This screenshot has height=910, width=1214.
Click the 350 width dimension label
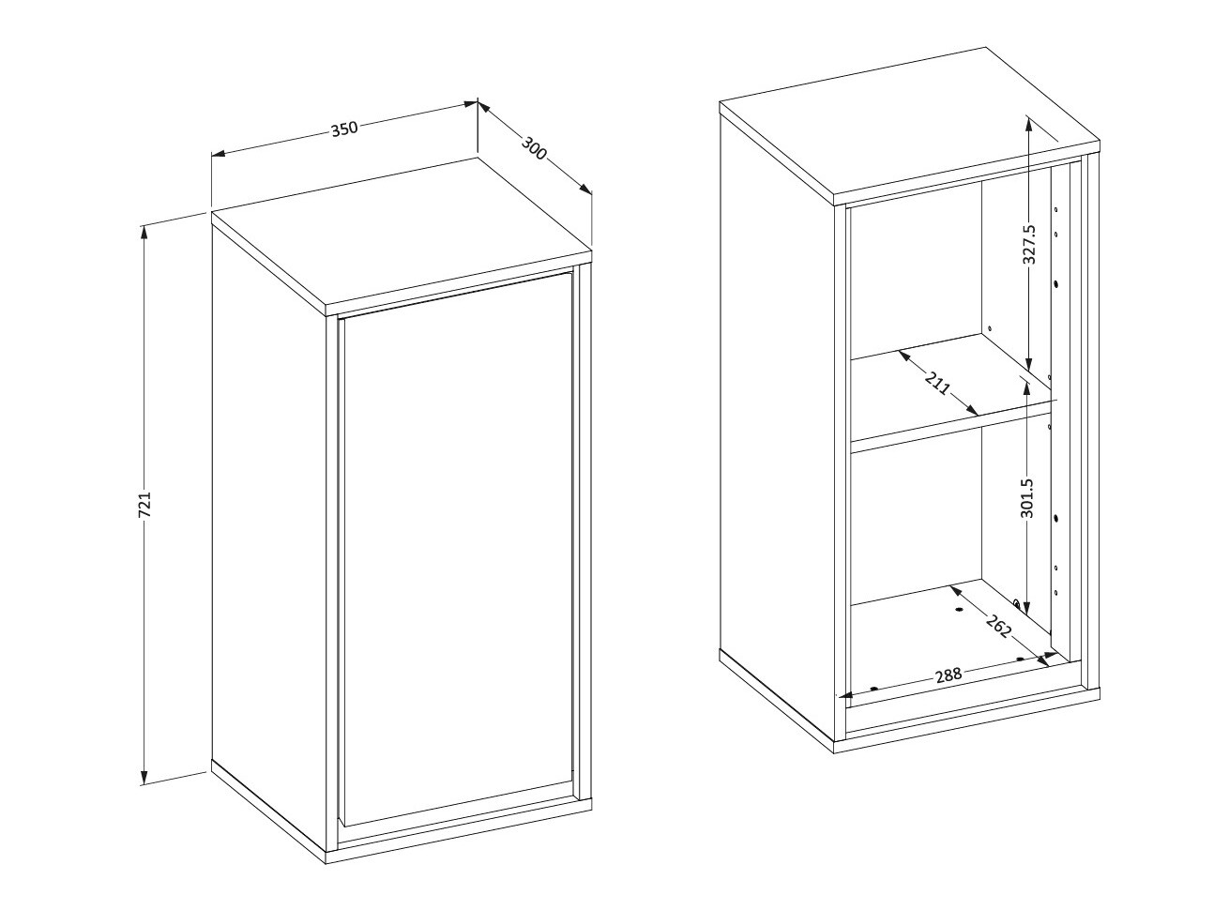(x=344, y=129)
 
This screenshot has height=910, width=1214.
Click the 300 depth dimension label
(x=534, y=147)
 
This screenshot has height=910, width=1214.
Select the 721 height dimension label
(x=144, y=504)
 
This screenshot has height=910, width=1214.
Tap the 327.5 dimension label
(x=1029, y=244)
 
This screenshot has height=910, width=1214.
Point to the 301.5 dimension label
(x=1026, y=497)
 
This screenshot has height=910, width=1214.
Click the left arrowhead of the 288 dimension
(x=844, y=695)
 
